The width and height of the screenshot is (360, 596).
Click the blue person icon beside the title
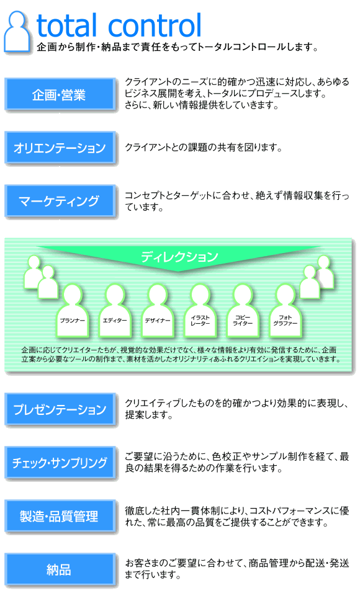tap(17, 32)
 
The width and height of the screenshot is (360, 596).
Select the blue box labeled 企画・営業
tap(60, 94)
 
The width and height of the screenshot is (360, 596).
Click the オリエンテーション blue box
tap(60, 148)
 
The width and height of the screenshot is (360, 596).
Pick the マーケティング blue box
tap(60, 201)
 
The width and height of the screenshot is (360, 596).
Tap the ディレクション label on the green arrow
tap(179, 257)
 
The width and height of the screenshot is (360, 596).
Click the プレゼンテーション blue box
tap(60, 409)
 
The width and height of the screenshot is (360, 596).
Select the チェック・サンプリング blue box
tap(60, 462)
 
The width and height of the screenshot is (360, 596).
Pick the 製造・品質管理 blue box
tap(60, 516)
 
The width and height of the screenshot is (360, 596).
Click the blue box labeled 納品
tap(60, 569)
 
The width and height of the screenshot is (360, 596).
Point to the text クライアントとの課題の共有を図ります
tap(204, 148)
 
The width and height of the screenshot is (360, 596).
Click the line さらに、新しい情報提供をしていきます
tap(202, 105)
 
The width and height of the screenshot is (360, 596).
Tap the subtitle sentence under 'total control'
tap(178, 47)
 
